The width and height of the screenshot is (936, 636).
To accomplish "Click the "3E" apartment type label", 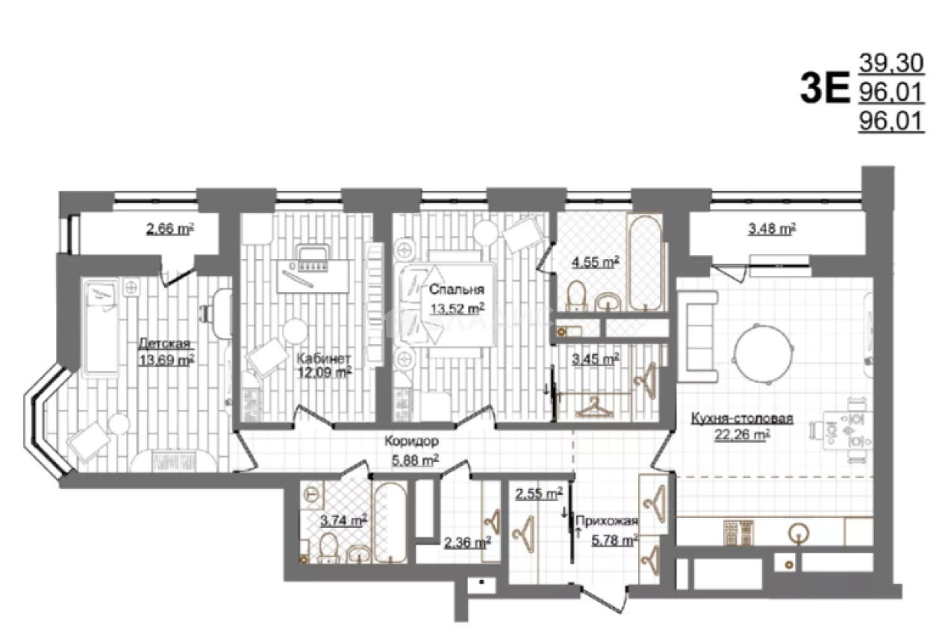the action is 826,88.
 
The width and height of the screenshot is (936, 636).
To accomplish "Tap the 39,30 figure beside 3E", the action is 891,63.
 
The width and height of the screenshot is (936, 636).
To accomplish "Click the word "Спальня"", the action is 457,289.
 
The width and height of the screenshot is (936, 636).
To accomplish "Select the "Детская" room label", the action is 163,343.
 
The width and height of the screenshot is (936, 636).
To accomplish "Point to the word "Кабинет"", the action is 324,358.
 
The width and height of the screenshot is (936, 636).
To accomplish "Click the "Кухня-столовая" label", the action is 742,418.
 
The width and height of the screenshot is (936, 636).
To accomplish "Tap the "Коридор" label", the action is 411,441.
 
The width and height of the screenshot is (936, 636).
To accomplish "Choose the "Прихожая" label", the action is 607,520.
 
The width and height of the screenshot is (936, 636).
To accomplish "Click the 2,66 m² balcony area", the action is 169,228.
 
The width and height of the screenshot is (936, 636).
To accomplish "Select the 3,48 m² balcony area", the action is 772,228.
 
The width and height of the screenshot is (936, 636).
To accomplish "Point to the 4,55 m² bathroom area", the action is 595,262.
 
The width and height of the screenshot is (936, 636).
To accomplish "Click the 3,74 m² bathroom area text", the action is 343,520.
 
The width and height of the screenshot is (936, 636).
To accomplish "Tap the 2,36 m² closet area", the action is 467,543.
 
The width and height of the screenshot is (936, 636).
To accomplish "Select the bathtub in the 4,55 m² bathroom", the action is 645,263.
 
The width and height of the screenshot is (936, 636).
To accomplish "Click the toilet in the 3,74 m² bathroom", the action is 329,546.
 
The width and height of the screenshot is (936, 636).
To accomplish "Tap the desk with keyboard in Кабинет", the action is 313,275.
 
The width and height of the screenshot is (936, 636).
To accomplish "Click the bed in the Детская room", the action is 102,326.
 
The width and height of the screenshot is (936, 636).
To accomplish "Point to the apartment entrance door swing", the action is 603,600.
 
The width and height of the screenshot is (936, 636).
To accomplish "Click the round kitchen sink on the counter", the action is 799,533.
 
